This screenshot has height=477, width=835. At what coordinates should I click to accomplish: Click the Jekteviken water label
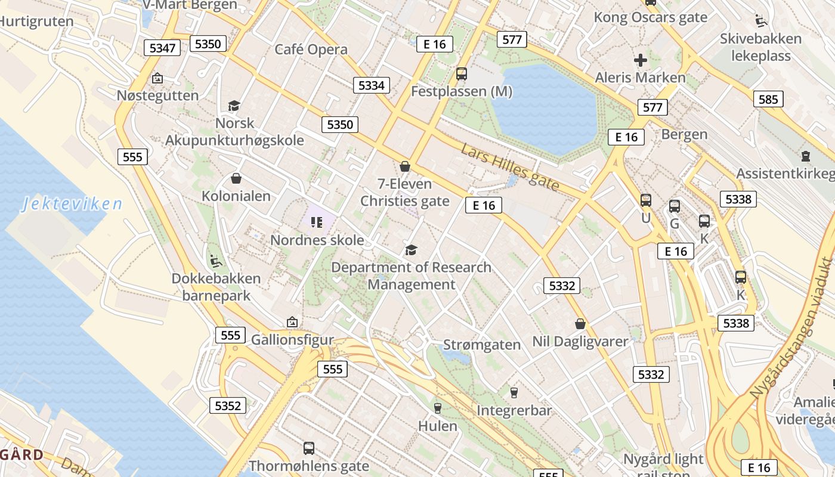(x=72, y=204)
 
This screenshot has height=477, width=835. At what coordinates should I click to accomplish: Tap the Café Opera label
(x=311, y=49)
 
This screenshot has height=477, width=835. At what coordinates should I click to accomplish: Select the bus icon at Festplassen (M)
(x=461, y=74)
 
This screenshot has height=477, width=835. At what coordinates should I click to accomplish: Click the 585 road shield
(x=768, y=99)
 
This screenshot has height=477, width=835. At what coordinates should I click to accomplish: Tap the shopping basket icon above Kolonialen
(x=236, y=178)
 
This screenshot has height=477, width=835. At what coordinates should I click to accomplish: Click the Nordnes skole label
(x=317, y=240)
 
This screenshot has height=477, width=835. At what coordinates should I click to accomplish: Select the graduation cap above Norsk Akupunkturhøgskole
(x=233, y=106)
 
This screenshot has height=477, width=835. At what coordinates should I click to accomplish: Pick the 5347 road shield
(x=162, y=48)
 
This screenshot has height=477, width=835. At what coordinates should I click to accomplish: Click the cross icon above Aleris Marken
(x=640, y=60)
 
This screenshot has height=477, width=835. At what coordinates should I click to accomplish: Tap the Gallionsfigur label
(x=292, y=340)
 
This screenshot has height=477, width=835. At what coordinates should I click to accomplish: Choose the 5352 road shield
(x=228, y=406)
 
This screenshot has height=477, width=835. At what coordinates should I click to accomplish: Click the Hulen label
(x=438, y=426)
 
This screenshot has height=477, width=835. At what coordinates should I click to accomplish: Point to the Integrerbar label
(x=514, y=410)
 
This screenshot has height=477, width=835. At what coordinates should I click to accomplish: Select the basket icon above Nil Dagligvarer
(x=580, y=324)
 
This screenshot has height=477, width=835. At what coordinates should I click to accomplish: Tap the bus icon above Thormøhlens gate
(x=308, y=448)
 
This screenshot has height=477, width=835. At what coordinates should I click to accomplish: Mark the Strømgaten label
(x=482, y=345)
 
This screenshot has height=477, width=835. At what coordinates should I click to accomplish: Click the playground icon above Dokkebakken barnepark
(x=216, y=261)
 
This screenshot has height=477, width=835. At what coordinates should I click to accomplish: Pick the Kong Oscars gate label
(x=650, y=17)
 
